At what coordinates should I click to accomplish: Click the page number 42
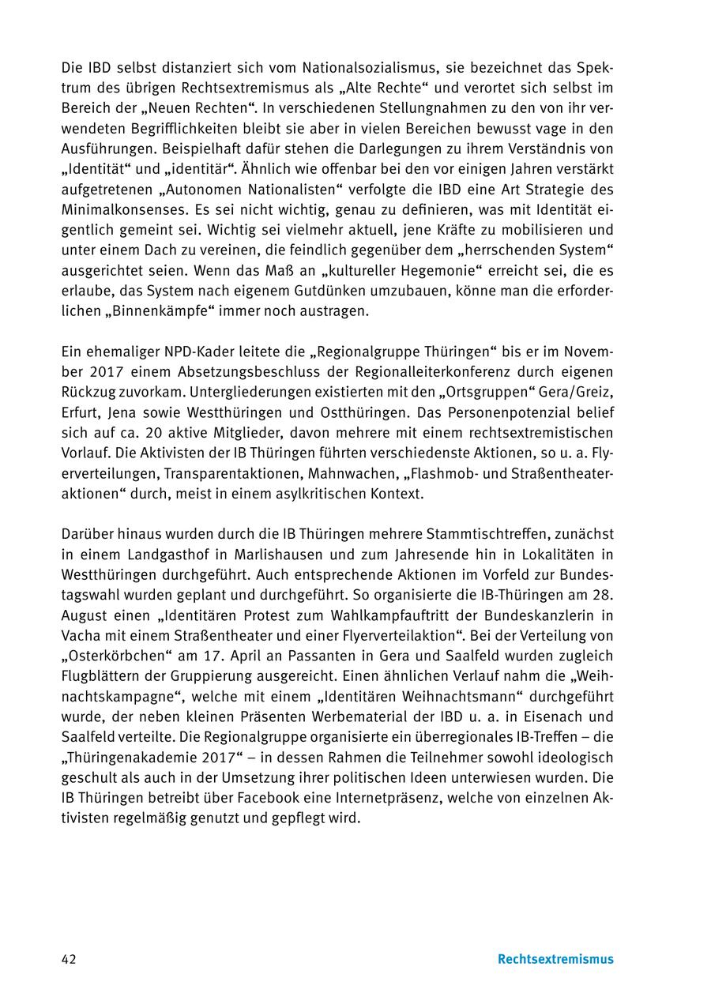coord(69,959)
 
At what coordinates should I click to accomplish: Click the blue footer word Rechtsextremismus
coord(555,959)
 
